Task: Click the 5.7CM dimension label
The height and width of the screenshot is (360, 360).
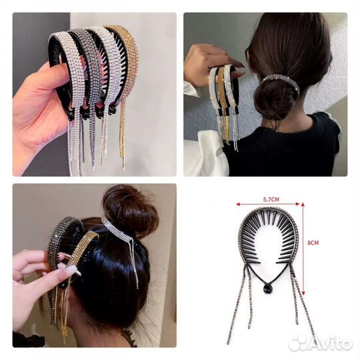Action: [x=271, y=199]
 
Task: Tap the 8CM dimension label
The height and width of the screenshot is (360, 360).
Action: [x=313, y=243]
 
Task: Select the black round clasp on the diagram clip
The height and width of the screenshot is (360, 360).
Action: [x=267, y=290]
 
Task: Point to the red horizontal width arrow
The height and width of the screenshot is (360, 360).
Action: [x=268, y=204]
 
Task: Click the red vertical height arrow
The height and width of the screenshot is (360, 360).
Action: [x=303, y=249]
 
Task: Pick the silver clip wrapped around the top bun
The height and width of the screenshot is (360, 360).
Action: [x=119, y=232]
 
